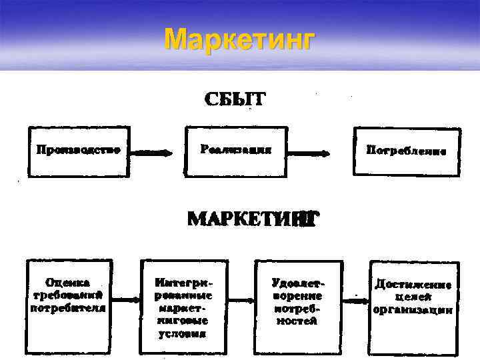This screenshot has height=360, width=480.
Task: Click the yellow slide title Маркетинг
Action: (x=238, y=39)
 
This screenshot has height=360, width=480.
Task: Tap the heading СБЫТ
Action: (x=234, y=100)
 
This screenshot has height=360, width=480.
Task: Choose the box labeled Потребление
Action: (x=406, y=151)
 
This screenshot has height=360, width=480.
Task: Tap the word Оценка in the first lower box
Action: (x=69, y=282)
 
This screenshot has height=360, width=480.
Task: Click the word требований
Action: (x=67, y=294)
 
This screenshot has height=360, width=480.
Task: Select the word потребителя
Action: (x=68, y=307)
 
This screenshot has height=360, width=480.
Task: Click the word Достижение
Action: (x=413, y=284)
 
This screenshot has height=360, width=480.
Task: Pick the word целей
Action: (x=414, y=297)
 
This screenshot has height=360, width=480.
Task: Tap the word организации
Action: (x=413, y=310)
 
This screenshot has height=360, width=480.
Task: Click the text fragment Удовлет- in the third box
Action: (x=297, y=282)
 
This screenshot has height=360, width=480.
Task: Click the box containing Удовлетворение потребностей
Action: (x=297, y=303)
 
